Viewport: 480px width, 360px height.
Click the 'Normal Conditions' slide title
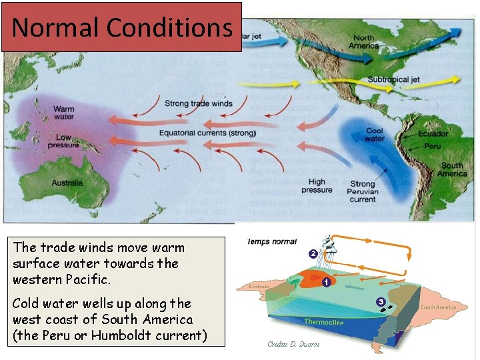point(122,27)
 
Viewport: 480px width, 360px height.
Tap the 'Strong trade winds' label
point(199,103)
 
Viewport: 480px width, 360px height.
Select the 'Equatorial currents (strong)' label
point(207,133)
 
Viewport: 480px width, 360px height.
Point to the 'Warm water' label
point(63,113)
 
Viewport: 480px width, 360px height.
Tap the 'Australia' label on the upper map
point(67,183)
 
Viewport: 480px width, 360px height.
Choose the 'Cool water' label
point(375,135)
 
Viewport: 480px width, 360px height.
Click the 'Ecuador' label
point(433,133)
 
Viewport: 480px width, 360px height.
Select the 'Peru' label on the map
point(432,145)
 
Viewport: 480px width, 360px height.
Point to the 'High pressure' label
point(317,185)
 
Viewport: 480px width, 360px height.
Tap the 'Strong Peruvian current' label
point(363,191)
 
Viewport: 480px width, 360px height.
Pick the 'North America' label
point(364,42)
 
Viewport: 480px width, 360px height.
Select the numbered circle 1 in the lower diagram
point(325,282)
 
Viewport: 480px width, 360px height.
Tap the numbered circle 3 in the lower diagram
point(381,302)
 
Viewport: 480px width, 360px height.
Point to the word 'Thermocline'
point(324,322)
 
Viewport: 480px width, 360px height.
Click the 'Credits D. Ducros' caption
point(293,344)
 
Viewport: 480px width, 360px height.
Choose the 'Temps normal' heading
point(271,241)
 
